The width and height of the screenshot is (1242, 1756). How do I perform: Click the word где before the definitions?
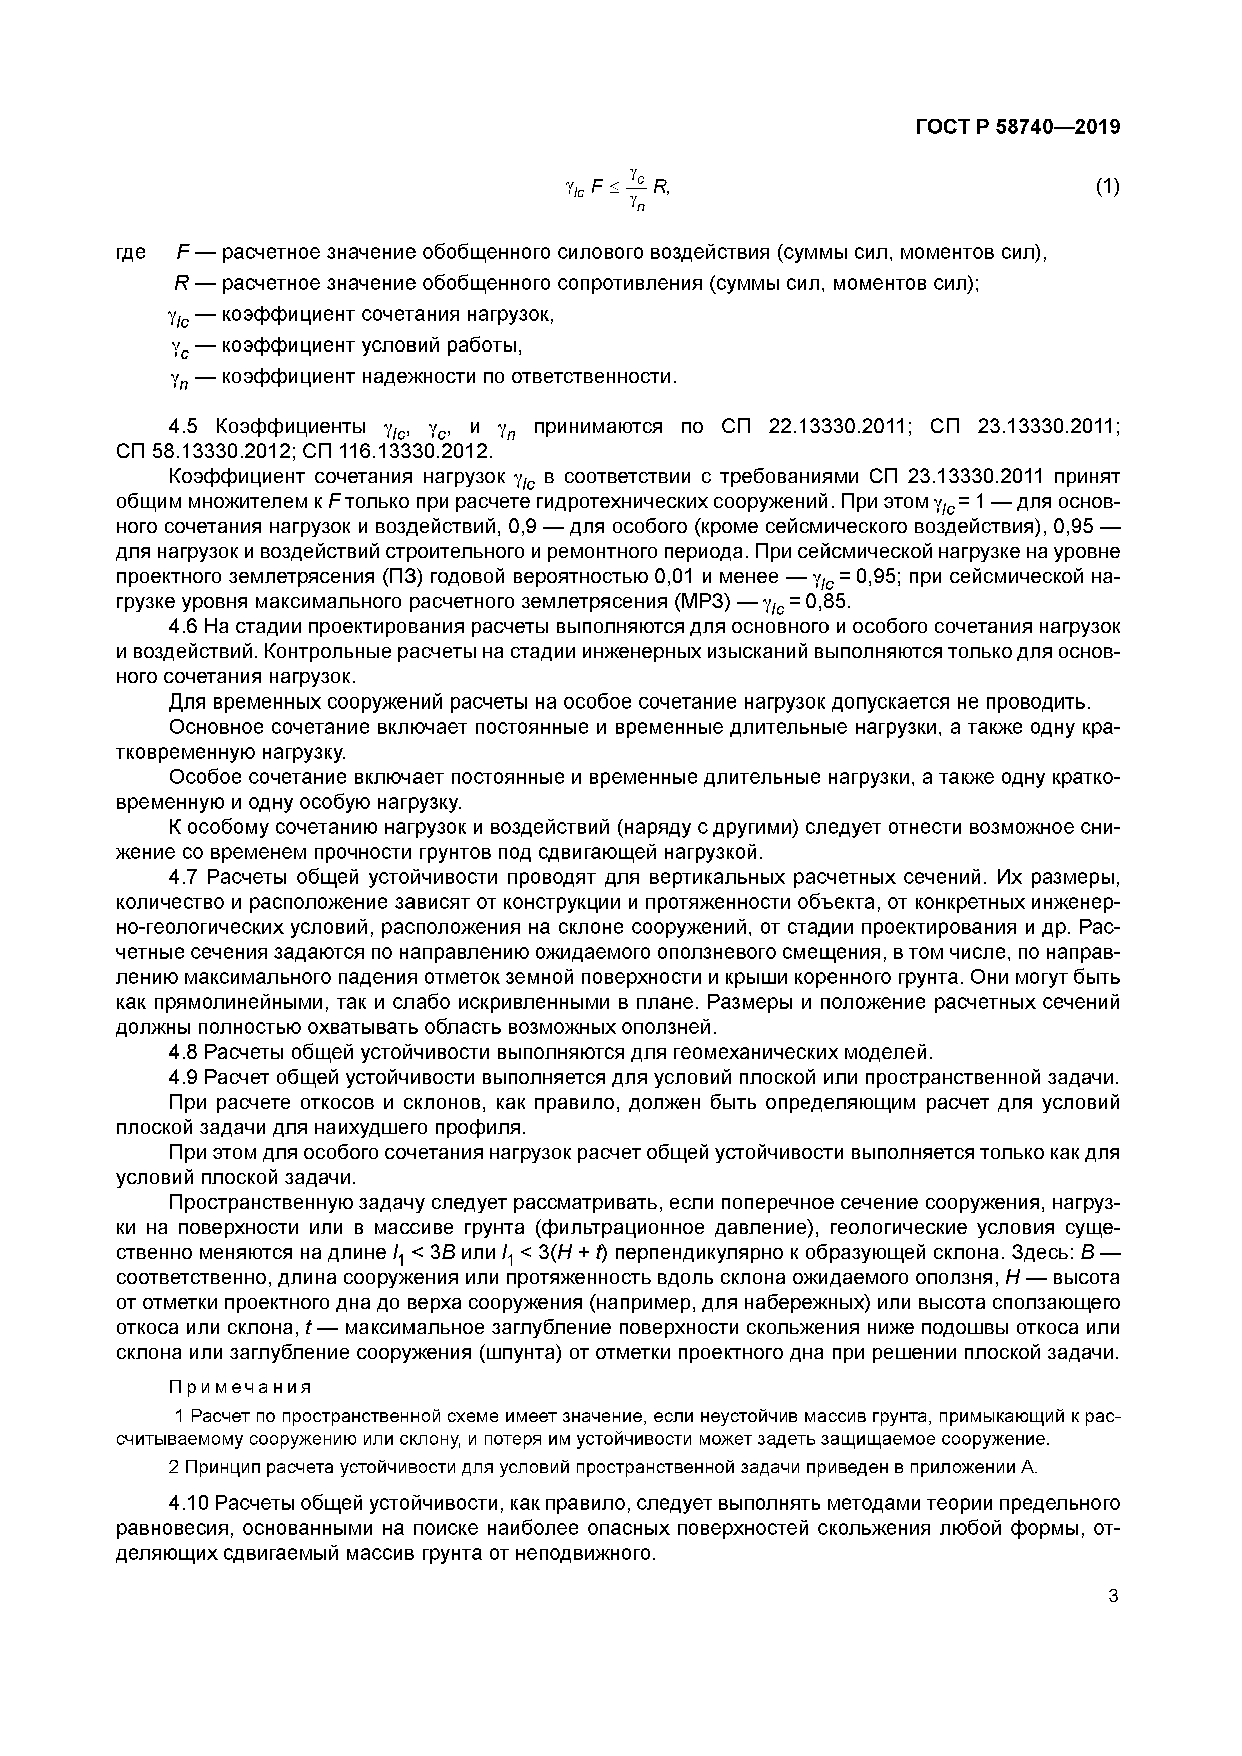pos(130,252)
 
